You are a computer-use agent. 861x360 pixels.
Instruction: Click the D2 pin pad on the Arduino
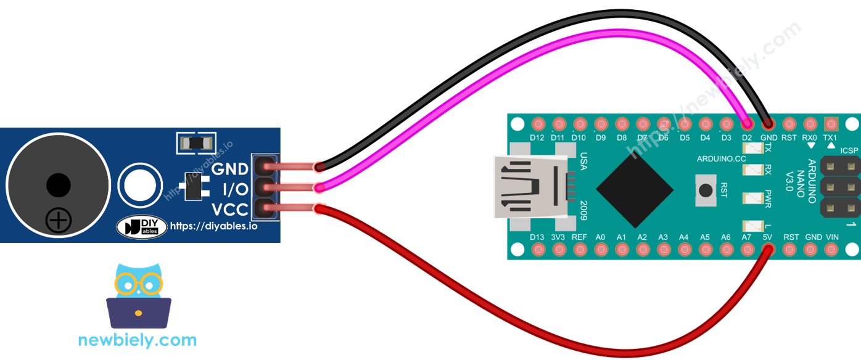pos(747,124)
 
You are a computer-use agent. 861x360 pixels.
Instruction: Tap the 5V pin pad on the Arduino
pos(768,249)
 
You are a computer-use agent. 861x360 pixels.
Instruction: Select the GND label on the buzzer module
pos(229,168)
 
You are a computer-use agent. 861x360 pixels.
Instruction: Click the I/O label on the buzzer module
pos(234,188)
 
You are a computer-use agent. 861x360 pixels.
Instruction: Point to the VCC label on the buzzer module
pos(229,209)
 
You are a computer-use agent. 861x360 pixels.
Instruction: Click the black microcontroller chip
pos(635,190)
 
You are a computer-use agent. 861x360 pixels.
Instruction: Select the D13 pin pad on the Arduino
pos(538,249)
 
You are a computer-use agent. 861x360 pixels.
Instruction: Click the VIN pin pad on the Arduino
pos(831,249)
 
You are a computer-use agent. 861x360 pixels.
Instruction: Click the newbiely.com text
pos(137,340)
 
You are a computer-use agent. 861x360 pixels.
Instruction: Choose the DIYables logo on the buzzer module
pos(141,227)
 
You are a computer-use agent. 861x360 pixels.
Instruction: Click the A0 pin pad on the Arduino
pos(601,249)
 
